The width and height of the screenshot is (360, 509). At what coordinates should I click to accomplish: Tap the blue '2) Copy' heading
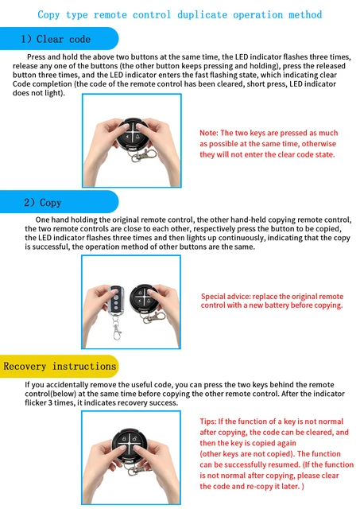(x=43, y=202)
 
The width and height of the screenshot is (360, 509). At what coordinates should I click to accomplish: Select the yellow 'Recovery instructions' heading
(x=60, y=366)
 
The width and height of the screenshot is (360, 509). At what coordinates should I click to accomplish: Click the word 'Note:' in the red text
(x=209, y=133)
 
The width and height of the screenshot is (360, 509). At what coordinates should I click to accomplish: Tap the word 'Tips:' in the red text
(x=209, y=420)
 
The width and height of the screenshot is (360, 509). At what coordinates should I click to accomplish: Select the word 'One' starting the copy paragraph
(x=44, y=219)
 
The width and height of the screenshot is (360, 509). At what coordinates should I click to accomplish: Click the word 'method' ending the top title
(x=304, y=14)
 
